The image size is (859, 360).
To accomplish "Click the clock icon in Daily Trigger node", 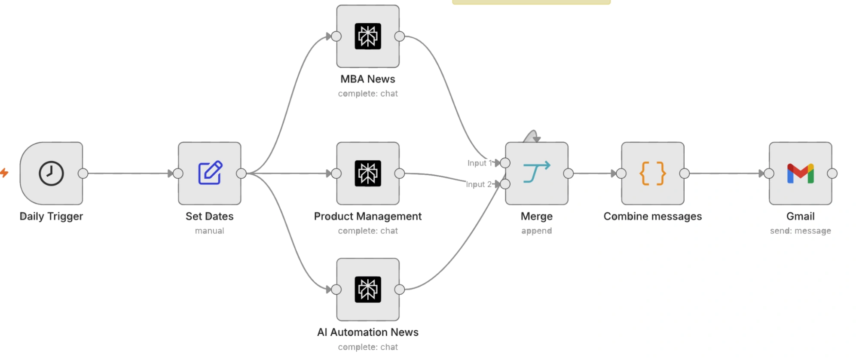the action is [x=51, y=174].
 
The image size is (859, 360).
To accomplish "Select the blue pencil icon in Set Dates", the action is [x=210, y=173].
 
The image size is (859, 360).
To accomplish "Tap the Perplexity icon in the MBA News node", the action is [x=368, y=36].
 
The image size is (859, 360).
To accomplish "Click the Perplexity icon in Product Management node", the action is [x=368, y=173].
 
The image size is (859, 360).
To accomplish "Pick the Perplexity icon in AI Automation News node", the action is [x=368, y=289].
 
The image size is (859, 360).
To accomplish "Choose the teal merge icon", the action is [x=537, y=172].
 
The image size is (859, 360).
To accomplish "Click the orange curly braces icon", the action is [x=653, y=174].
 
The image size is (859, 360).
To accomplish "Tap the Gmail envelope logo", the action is [x=801, y=174].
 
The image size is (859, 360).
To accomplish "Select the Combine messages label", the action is [x=653, y=216].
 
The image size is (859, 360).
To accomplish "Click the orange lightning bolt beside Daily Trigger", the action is [x=4, y=173].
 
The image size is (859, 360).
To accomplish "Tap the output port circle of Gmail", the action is [x=832, y=174].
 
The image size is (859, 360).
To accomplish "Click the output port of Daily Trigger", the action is [x=83, y=174].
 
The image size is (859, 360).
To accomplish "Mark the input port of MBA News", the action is [x=336, y=37].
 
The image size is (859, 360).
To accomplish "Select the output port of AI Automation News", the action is [x=400, y=290].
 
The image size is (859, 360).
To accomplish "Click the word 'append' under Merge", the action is [x=537, y=231].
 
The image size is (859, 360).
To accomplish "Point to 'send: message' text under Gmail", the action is [x=801, y=231].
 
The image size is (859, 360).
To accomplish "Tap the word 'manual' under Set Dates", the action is [x=210, y=231].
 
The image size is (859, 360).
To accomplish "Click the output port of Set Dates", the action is [x=241, y=174].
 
